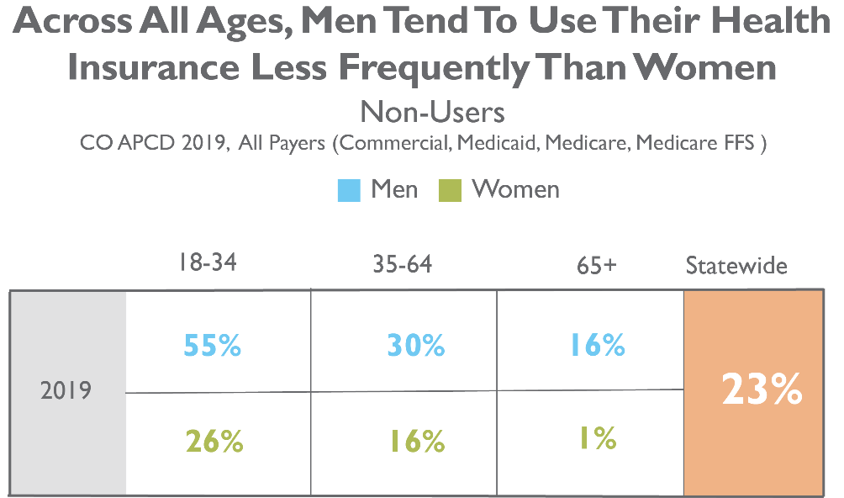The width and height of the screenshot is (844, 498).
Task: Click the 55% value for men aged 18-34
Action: click(x=212, y=345)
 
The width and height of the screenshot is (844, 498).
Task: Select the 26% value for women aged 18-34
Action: click(x=214, y=442)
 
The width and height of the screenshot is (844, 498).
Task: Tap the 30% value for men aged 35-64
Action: click(x=416, y=345)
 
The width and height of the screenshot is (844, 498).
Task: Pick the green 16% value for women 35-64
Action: click(x=418, y=442)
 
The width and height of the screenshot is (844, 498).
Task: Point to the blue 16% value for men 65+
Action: click(x=598, y=345)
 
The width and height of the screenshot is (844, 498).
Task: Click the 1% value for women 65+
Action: click(x=598, y=438)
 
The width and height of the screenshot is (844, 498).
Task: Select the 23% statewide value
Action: click(x=762, y=389)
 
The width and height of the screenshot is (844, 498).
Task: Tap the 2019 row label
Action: click(x=66, y=390)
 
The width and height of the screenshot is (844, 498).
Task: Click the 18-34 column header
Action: click(x=208, y=262)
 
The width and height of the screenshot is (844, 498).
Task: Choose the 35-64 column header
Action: click(x=403, y=264)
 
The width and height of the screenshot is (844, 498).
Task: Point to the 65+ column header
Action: click(x=596, y=266)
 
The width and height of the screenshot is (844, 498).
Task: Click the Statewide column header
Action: click(x=736, y=266)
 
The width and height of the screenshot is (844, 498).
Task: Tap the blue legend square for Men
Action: click(x=349, y=191)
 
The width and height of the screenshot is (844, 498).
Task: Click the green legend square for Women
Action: click(x=450, y=191)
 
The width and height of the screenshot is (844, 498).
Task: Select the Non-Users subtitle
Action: click(x=432, y=113)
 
